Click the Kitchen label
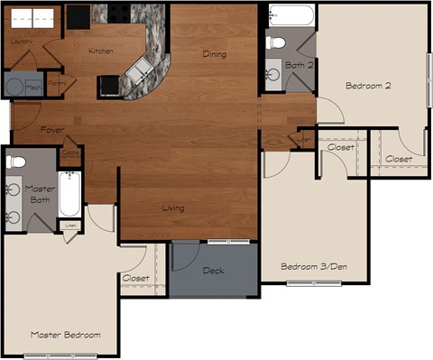click(x=101, y=51)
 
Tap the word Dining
click(x=215, y=55)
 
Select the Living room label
click(x=172, y=208)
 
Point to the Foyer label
click(x=52, y=131)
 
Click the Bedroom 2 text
click(x=368, y=87)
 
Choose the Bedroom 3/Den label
click(x=314, y=266)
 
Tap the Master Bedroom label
click(x=65, y=335)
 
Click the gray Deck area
click(x=213, y=270)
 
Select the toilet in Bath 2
click(x=276, y=42)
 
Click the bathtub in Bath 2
click(x=290, y=15)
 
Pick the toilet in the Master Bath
click(x=15, y=162)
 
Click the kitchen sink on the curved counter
click(x=140, y=72)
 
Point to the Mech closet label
click(x=33, y=87)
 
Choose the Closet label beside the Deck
click(x=136, y=279)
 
